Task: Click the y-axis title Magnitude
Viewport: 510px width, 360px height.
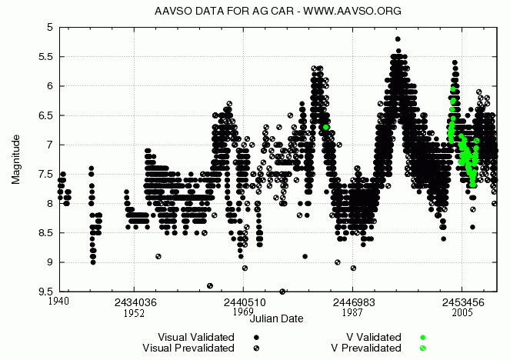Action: click(16, 159)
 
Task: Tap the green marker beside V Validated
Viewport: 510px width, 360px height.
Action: click(422, 337)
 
